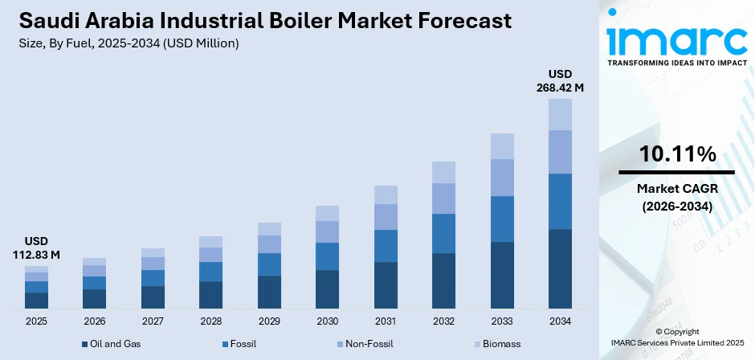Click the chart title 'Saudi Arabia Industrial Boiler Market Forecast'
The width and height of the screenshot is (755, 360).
pyautogui.click(x=261, y=22)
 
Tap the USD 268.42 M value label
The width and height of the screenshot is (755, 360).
pyautogui.click(x=560, y=80)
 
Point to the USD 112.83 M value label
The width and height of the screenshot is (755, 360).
pyautogui.click(x=36, y=248)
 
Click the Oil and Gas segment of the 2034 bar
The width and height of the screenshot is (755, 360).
pyautogui.click(x=560, y=268)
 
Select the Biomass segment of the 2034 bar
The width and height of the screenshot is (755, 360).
pyautogui.click(x=560, y=114)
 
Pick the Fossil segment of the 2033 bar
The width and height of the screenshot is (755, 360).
pyautogui.click(x=502, y=219)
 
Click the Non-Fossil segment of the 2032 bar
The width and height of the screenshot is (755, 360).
pyautogui.click(x=443, y=198)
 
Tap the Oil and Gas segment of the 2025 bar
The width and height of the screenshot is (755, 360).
pyautogui.click(x=36, y=301)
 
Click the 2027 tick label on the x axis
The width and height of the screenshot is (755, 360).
pyautogui.click(x=153, y=321)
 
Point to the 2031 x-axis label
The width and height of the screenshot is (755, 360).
pyautogui.click(x=386, y=321)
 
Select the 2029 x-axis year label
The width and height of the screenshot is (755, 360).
pyautogui.click(x=269, y=321)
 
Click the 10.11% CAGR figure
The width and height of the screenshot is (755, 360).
pyautogui.click(x=677, y=154)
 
